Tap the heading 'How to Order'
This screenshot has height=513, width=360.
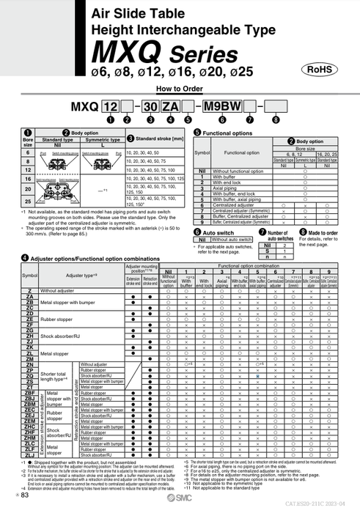[180, 89]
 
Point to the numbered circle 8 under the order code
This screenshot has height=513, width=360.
[275, 119]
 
